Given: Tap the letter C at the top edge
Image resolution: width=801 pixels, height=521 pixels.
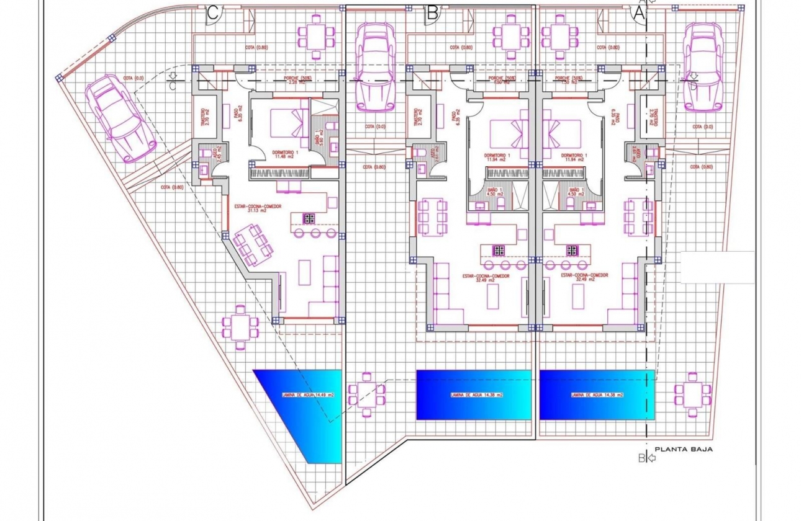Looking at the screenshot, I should [212, 14].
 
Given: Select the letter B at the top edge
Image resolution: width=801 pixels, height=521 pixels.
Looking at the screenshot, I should [433, 12].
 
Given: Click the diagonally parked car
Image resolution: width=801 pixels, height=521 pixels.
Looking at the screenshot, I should [120, 118].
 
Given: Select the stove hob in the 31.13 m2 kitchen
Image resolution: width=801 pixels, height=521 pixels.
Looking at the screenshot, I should [309, 218].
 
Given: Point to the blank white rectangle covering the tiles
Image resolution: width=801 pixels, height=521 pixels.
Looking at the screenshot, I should [717, 267].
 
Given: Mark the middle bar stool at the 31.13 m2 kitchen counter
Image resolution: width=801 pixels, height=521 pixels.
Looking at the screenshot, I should [315, 233].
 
